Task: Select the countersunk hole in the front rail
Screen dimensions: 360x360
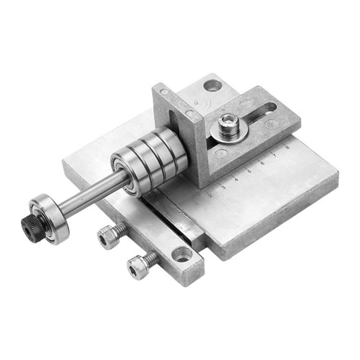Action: (182, 255)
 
